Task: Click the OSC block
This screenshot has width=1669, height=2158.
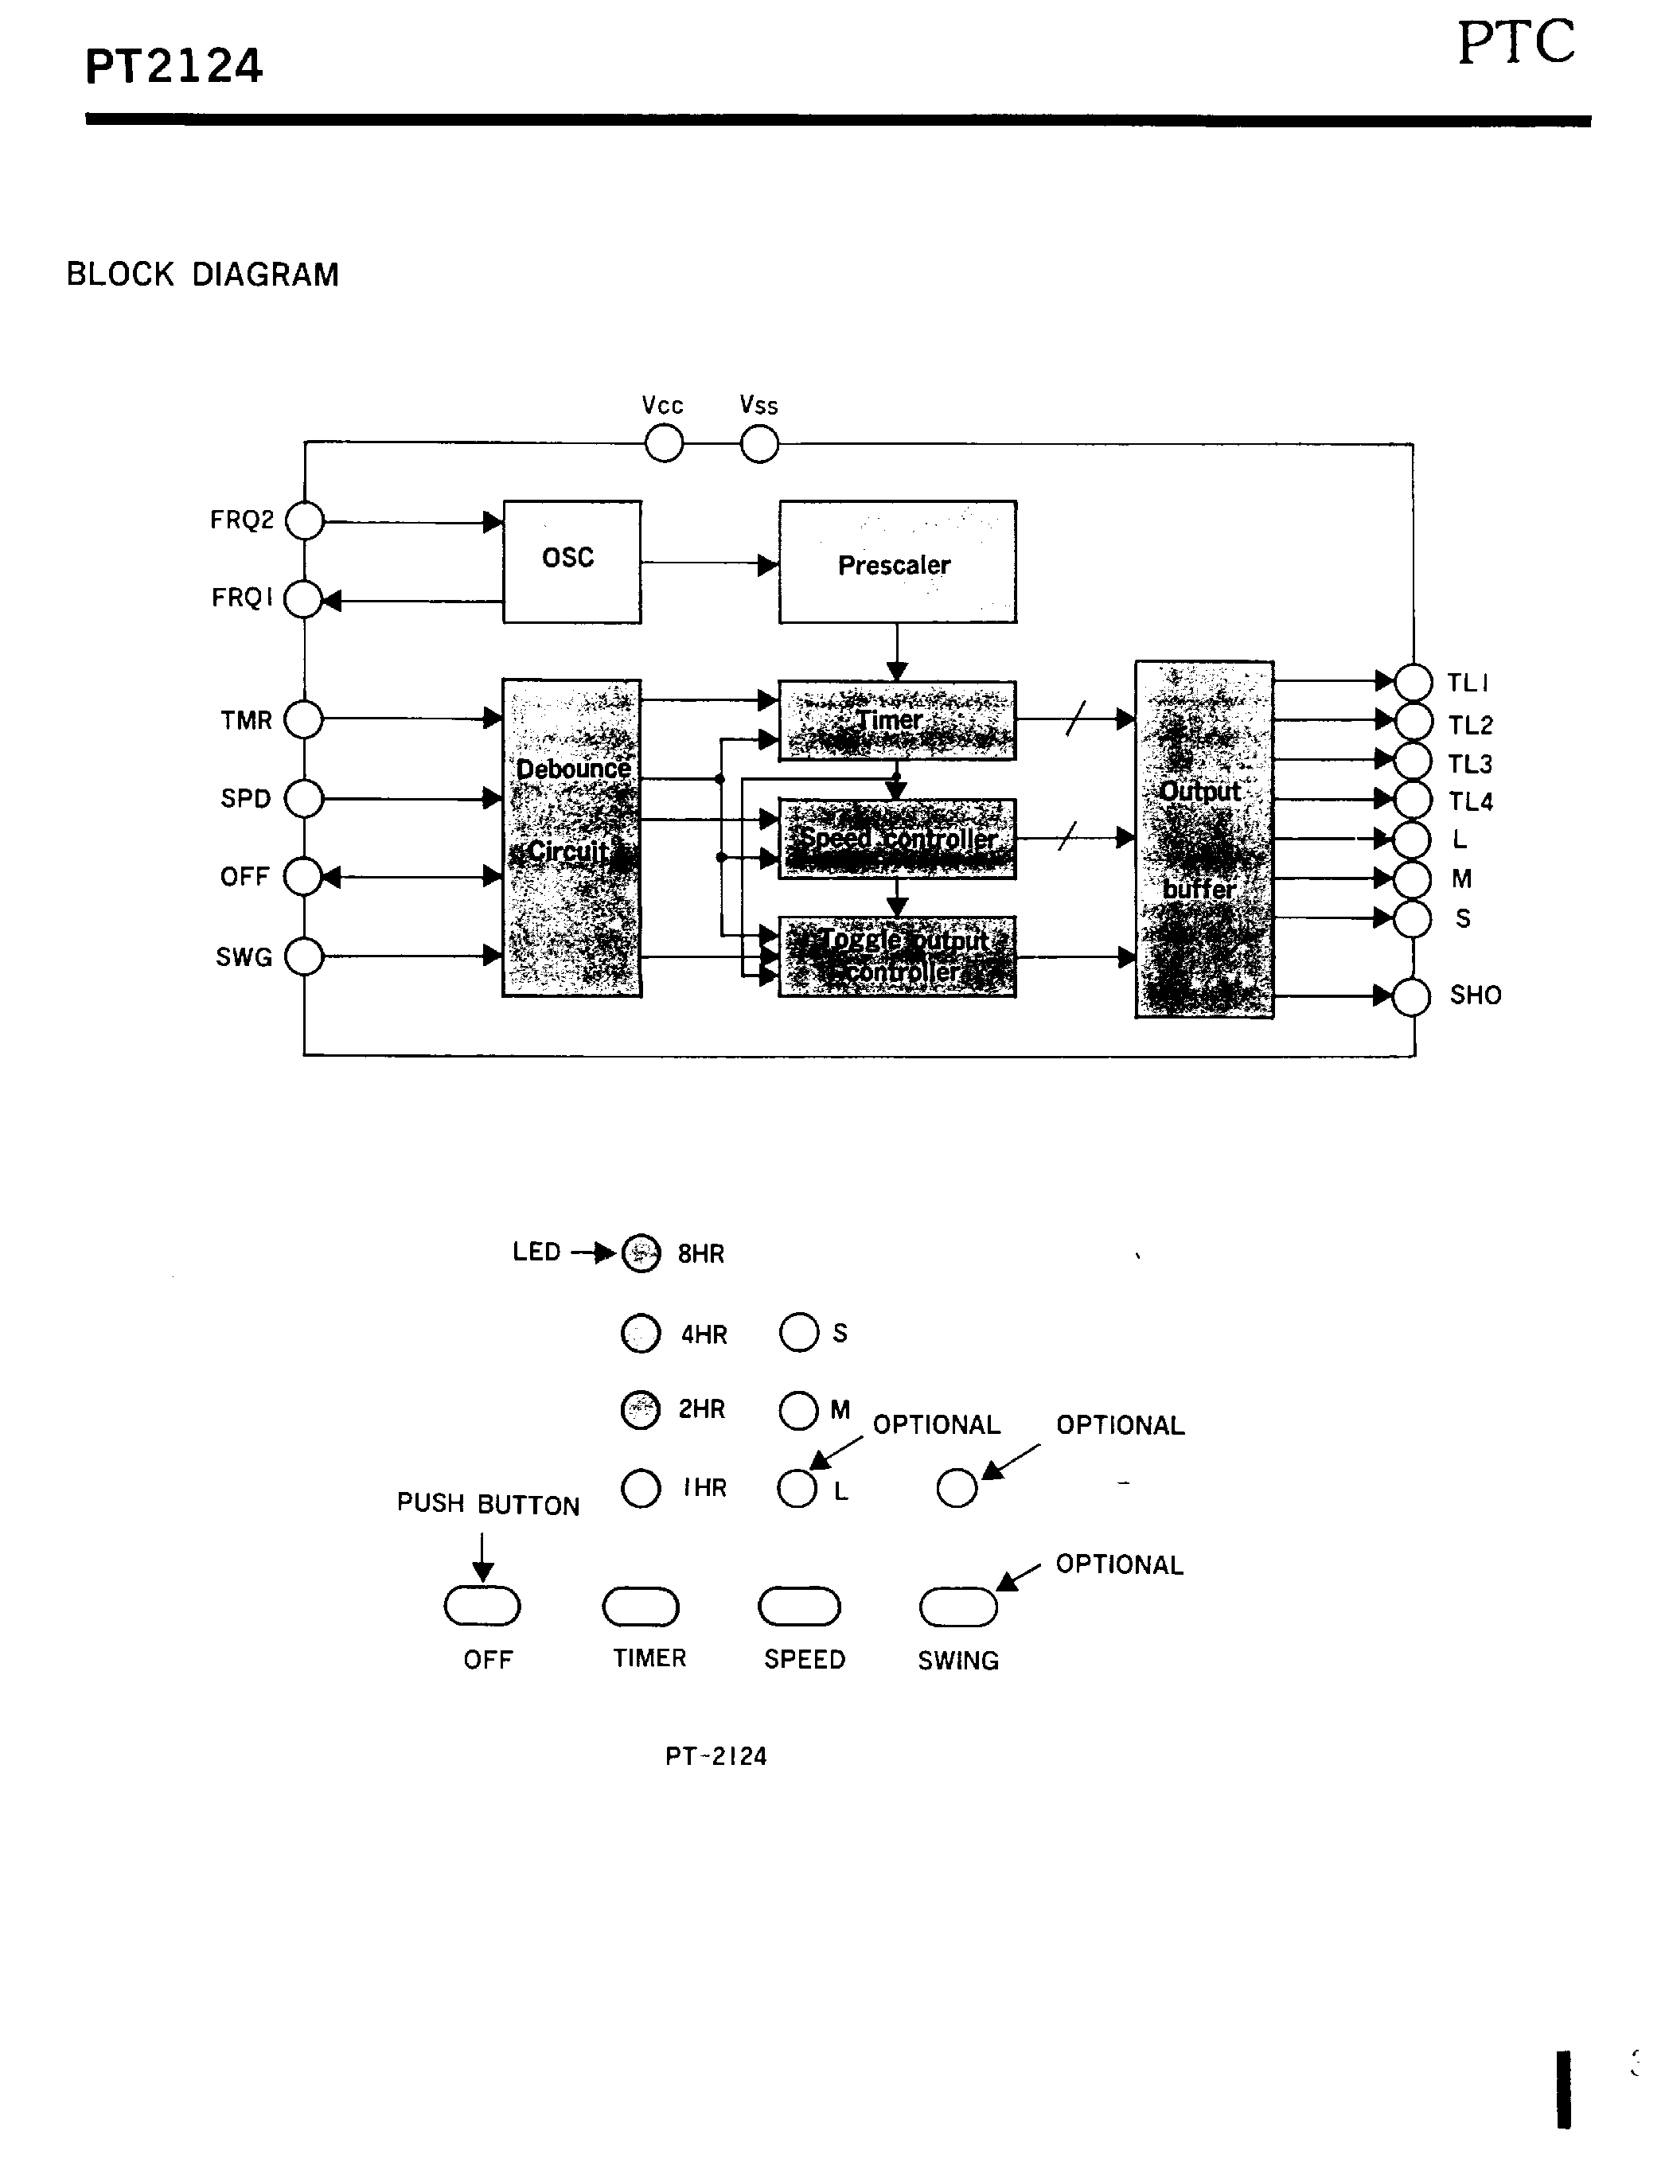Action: [571, 561]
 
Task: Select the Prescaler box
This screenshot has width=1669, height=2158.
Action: [896, 563]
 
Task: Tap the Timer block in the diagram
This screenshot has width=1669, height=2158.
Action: [896, 720]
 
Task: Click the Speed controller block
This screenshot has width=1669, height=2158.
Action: [896, 839]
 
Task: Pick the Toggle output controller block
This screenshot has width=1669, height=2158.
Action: [896, 956]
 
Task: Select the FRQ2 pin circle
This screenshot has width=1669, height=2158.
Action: [304, 520]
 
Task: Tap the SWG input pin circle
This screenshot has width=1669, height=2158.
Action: [304, 956]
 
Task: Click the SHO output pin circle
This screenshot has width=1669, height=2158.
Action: [1411, 997]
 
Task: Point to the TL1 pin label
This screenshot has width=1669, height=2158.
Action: [1468, 683]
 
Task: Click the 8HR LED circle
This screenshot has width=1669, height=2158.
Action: [641, 1253]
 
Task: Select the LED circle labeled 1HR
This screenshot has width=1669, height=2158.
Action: [641, 1488]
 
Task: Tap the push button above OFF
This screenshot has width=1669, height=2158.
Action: [482, 1606]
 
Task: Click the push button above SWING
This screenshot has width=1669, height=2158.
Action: [958, 1607]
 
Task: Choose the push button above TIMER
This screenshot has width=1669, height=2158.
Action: [641, 1607]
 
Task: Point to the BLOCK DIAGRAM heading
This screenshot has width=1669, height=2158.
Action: [203, 275]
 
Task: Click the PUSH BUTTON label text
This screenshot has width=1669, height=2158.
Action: [488, 1505]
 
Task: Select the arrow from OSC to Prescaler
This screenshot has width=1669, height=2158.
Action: [708, 564]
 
